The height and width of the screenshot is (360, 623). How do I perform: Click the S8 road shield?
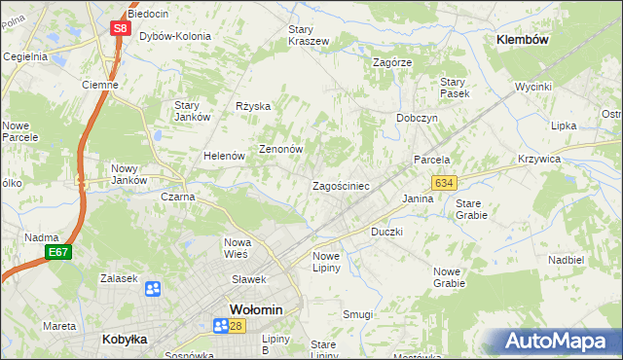pos(120,28)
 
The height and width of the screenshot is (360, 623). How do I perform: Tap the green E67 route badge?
pos(58,253)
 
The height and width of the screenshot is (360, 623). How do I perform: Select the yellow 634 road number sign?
pos(445,183)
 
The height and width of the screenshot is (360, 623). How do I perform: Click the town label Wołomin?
pos(256,309)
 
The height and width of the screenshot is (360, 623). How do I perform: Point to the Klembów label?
pos(523,40)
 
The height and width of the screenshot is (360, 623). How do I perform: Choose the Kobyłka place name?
pos(125,340)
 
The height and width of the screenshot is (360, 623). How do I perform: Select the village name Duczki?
pos(386,234)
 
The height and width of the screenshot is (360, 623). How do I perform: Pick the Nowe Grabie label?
pos(449,277)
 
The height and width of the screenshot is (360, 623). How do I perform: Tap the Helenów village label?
pos(222,156)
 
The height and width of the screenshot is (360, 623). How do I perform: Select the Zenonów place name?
pos(281,150)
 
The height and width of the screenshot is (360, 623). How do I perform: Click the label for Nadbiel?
pos(566,261)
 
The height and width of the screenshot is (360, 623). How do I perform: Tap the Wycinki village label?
pos(533,87)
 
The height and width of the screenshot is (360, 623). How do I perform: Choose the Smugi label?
pos(357,314)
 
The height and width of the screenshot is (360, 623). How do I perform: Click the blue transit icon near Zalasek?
pos(153,289)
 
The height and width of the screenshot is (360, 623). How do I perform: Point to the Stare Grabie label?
pos(472,209)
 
